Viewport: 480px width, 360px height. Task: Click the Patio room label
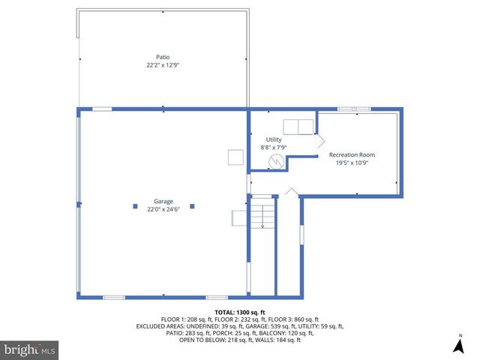(163, 56)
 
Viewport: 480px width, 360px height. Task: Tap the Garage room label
(163, 201)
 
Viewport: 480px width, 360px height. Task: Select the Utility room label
(273, 139)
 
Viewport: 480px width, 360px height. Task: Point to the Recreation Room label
(352, 154)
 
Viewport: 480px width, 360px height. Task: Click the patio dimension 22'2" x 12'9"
(163, 65)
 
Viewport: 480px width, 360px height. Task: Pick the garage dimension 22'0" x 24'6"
(163, 209)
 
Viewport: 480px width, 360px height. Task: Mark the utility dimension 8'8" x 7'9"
(274, 148)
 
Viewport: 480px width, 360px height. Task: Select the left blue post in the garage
(135, 205)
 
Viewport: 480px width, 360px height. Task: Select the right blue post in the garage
(192, 205)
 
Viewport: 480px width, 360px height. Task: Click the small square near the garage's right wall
(235, 156)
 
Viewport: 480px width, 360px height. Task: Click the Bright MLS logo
(30, 349)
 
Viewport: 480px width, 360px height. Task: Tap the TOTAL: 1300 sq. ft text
(240, 312)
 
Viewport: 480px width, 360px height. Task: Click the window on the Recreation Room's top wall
(354, 109)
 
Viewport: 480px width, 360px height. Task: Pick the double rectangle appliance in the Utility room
(298, 125)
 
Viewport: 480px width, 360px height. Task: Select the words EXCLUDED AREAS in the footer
(163, 326)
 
